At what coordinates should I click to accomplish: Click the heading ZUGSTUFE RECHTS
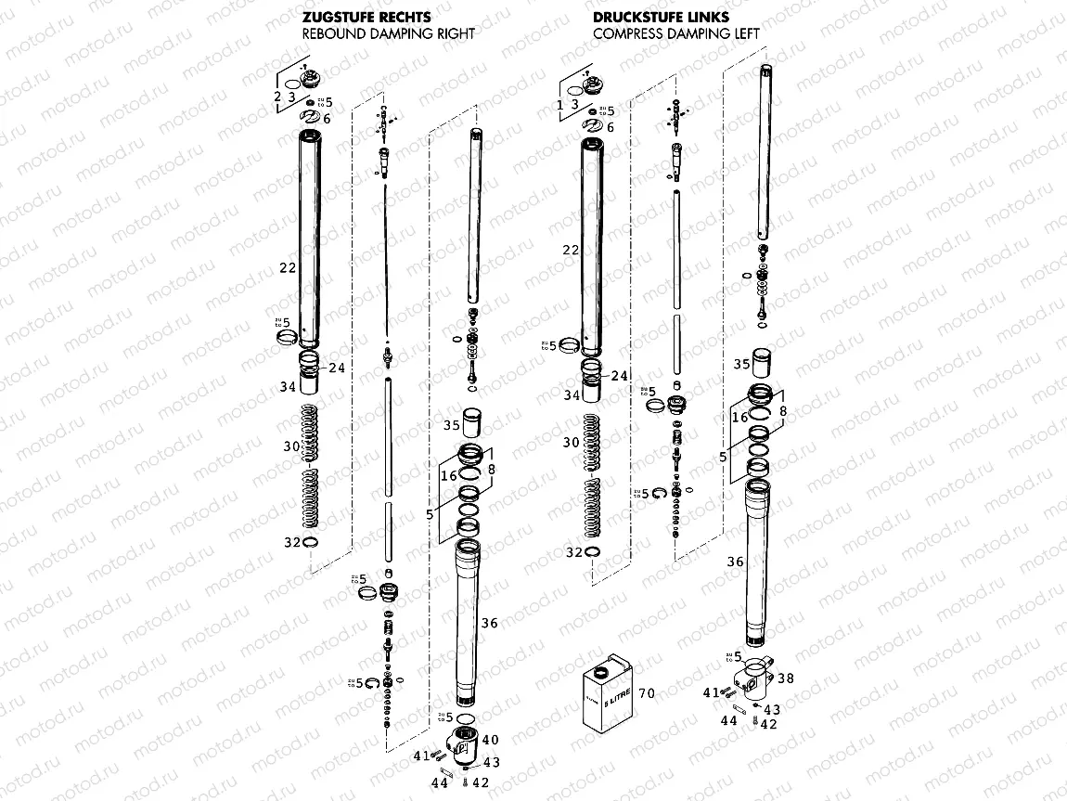coord(365,17)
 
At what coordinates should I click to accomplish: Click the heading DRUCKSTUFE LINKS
coord(649,17)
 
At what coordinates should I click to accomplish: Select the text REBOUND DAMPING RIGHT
coord(389,33)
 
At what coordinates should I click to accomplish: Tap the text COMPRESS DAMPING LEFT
coord(676,33)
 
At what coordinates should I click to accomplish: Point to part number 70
coord(648,692)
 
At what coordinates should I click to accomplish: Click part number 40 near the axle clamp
coord(491,740)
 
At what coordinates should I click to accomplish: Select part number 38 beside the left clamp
coord(786,678)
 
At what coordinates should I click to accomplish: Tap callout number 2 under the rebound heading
coord(276,97)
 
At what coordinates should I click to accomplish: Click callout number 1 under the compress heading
coord(560,105)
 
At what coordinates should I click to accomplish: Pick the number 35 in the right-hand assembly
coord(741,364)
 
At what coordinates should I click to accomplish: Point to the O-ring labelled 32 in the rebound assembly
coord(312,543)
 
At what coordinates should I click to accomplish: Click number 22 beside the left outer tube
coord(287,267)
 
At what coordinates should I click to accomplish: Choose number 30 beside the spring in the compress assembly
coord(572,443)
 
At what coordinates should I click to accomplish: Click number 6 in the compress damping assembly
coord(610,126)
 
